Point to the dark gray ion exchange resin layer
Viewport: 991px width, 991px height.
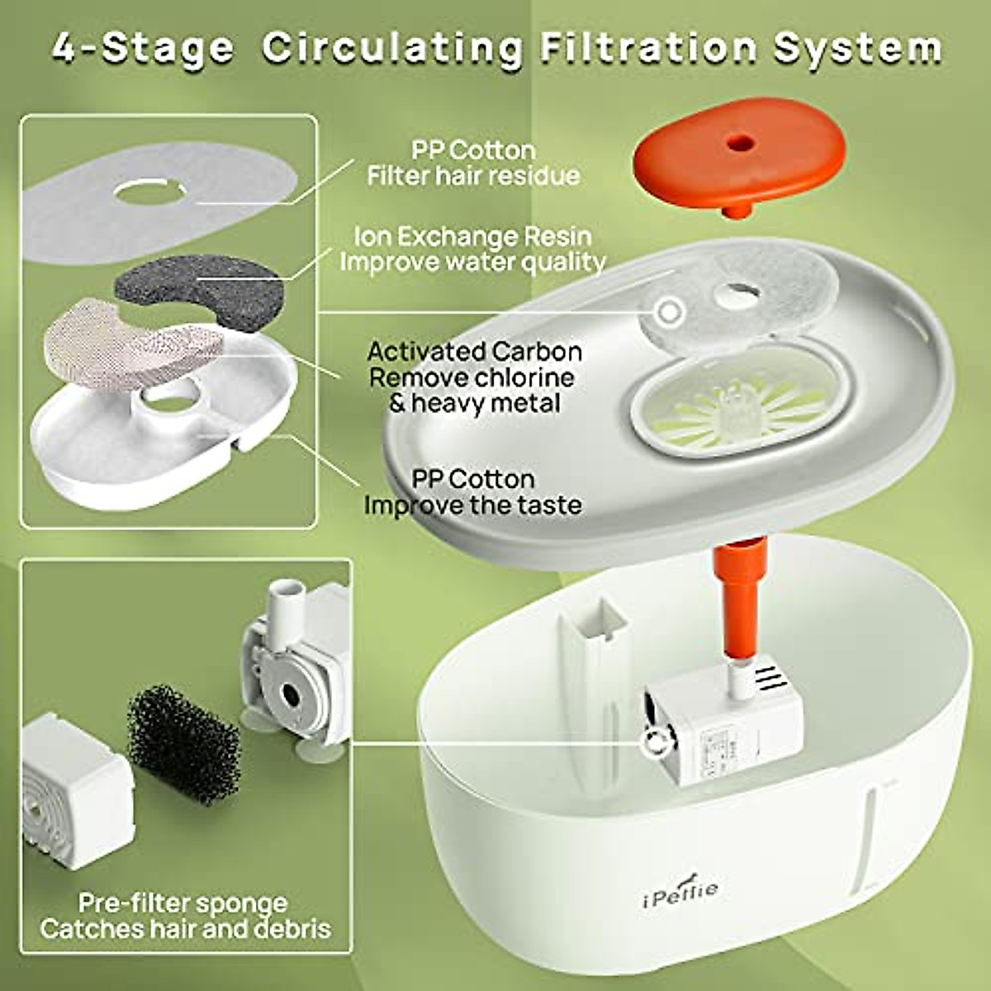pos(198,286)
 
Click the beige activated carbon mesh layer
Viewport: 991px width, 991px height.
pos(132,342)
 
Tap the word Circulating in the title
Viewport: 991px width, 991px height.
pos(393,48)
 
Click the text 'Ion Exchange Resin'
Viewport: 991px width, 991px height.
pos(472,236)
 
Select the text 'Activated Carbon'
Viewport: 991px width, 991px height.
pos(474,351)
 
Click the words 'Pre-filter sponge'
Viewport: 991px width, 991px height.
pos(183,902)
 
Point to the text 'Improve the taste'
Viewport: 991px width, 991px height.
pos(472,505)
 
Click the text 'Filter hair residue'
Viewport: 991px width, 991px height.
pos(472,176)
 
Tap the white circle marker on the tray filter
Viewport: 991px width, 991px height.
pos(669,312)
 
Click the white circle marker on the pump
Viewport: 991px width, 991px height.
pos(657,742)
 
